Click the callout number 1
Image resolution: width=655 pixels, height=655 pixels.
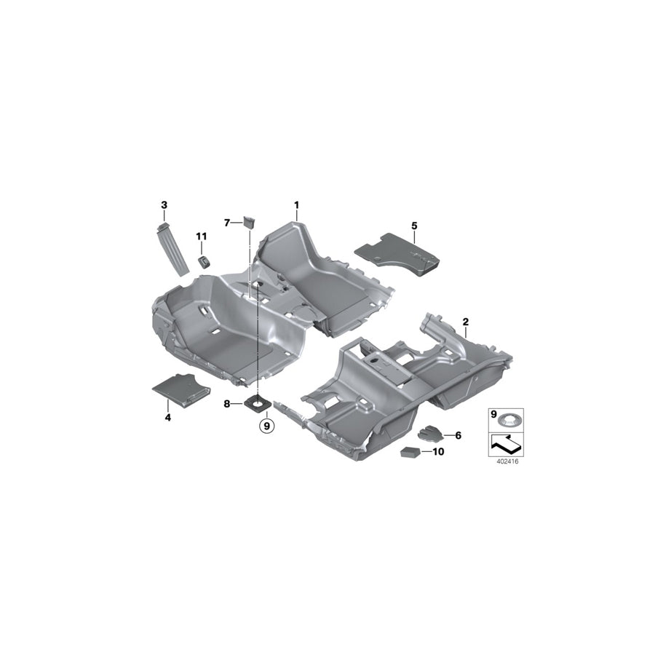tap(296, 205)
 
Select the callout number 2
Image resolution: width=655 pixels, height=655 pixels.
tap(465, 321)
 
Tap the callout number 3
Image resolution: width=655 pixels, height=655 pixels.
tap(164, 205)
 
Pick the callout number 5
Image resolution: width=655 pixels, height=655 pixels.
tap(413, 226)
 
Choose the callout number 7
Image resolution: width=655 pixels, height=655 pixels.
tap(227, 222)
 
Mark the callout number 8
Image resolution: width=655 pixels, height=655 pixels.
tap(227, 402)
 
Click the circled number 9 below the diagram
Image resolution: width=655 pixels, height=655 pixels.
tap(266, 424)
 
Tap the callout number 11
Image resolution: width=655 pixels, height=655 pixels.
tap(201, 237)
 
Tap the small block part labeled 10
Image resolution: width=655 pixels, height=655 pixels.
tap(410, 452)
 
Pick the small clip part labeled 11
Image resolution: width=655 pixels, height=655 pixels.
tap(205, 260)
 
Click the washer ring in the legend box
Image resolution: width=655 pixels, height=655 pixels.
tap(508, 420)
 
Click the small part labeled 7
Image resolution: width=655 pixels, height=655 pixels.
tap(248, 221)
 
